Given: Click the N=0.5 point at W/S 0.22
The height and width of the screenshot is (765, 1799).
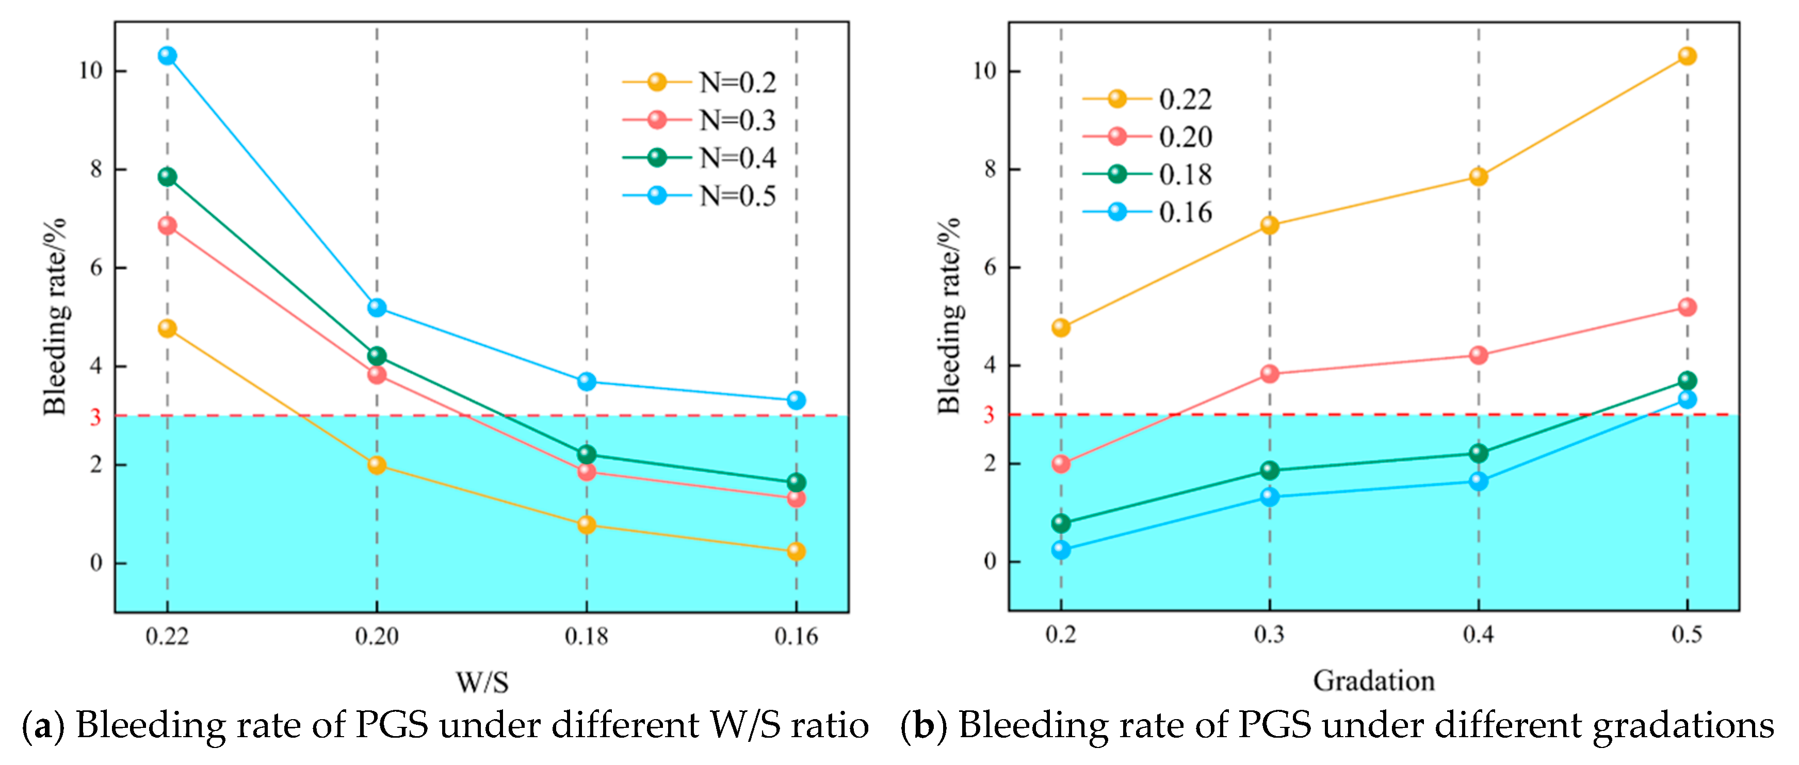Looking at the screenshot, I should coord(167,55).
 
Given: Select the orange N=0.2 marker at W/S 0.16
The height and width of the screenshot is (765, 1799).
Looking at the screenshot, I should coord(796,552).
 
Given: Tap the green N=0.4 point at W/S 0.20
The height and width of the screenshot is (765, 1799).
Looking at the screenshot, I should coord(377,356).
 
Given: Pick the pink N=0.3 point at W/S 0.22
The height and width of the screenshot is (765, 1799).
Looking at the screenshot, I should coord(167,225).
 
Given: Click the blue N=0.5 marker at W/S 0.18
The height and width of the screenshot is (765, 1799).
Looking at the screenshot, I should coord(586,381).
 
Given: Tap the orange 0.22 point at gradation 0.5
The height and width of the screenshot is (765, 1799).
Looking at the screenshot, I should coord(1687,56).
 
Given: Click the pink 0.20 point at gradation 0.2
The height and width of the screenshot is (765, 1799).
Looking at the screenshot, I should coord(1061,463).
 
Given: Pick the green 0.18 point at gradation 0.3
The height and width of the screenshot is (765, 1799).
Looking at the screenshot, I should coord(1270,470).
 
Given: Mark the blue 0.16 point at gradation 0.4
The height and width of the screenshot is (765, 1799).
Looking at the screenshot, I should coord(1479,481).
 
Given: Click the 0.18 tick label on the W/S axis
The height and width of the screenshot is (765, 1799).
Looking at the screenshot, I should coord(586,637).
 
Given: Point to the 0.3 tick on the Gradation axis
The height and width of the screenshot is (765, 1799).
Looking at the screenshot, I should coord(1269,635).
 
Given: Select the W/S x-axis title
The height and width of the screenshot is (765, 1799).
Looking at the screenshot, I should coord(482,682).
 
